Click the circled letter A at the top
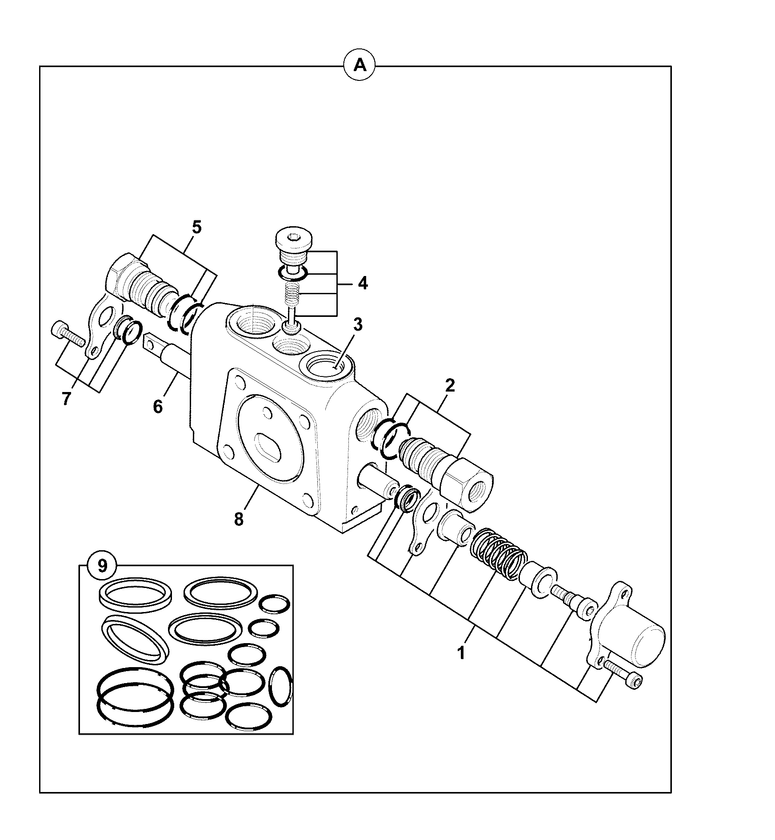(360, 66)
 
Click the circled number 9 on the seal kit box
(102, 566)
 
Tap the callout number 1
(461, 653)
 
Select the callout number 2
(450, 385)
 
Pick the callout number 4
(363, 283)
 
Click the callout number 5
(196, 227)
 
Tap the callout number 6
(158, 406)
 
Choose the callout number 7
(66, 399)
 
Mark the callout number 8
(239, 519)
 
